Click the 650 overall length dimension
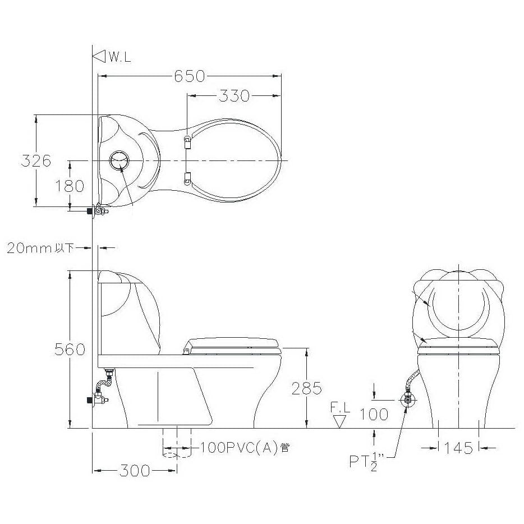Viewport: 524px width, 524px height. pos(189,76)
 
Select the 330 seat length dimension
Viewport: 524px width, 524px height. pos(234,95)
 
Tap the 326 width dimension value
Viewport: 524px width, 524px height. pos(36,161)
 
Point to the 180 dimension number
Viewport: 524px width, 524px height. pos(70,186)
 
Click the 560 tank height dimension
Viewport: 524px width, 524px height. pos(70,349)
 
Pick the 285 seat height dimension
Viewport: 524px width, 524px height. pos(307,388)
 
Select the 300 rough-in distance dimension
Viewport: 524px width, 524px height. pos(135,471)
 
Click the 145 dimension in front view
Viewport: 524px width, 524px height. pos(458,448)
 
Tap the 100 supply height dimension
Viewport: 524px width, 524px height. pos(374,415)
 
